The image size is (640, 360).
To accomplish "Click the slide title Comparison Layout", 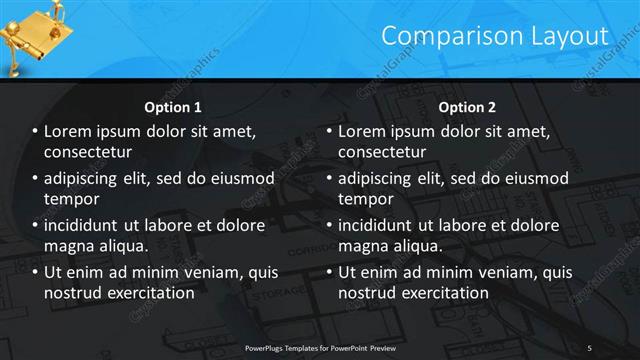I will click(x=495, y=36).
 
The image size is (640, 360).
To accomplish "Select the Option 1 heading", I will click(x=173, y=106).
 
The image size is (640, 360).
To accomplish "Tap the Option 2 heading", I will click(x=466, y=106).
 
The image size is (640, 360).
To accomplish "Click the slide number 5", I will click(x=590, y=347).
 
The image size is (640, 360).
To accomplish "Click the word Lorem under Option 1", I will click(x=69, y=132).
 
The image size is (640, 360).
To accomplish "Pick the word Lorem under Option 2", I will click(x=362, y=132).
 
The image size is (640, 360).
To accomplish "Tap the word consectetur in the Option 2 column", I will click(x=382, y=152).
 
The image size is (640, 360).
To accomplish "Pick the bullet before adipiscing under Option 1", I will click(x=35, y=179).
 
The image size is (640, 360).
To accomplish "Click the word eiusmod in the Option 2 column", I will click(x=538, y=179).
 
